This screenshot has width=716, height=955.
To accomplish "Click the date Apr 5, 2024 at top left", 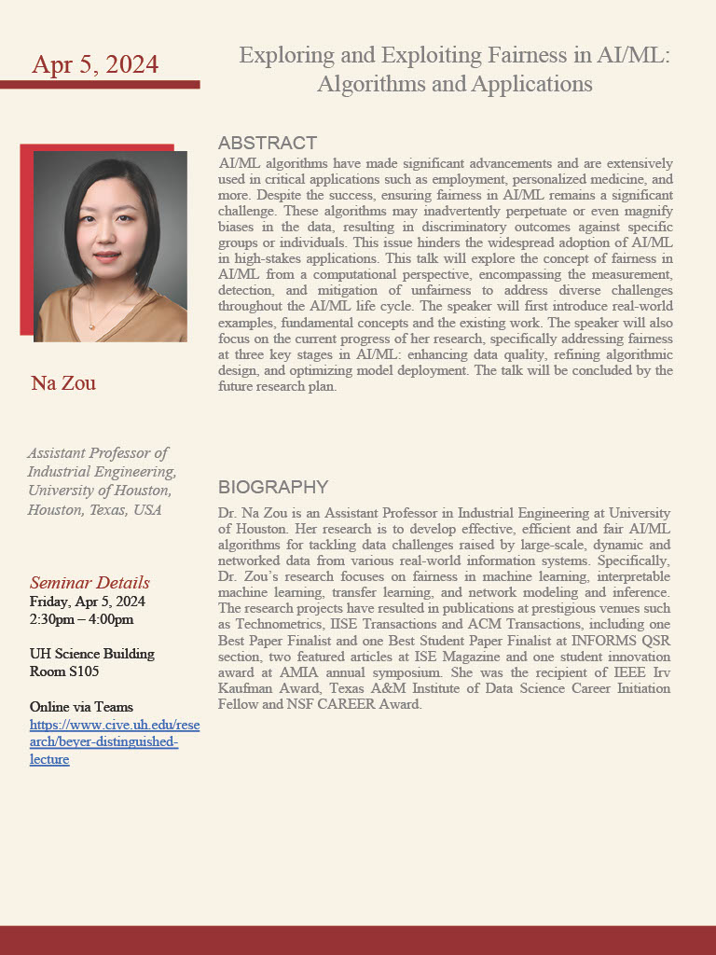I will click(x=95, y=64).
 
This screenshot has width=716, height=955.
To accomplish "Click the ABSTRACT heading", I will click(x=268, y=143).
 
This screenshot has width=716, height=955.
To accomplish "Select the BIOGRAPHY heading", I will click(x=273, y=487).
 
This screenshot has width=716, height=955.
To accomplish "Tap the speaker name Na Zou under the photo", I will click(x=63, y=383).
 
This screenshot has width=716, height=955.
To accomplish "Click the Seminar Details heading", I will click(x=89, y=583).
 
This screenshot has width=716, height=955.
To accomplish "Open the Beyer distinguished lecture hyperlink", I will click(x=115, y=741).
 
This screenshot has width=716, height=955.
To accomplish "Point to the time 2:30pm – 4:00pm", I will click(x=81, y=619).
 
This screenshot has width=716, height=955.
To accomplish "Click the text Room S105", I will click(x=64, y=671).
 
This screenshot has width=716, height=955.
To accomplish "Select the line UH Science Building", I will click(x=92, y=654).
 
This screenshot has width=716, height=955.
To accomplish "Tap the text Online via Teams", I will click(x=81, y=707).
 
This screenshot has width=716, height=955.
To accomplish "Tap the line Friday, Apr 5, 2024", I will click(x=87, y=602).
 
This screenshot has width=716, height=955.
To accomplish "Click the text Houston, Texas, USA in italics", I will click(x=94, y=509).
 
